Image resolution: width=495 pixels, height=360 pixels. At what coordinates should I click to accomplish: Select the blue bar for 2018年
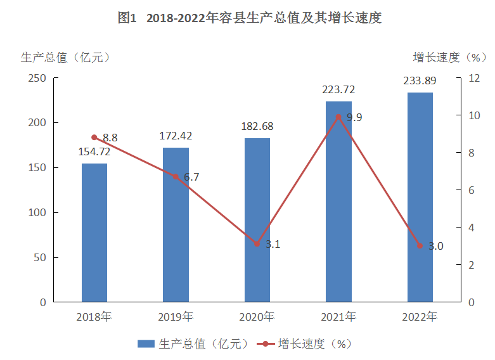94,232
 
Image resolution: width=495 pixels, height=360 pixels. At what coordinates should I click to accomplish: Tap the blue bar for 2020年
257,220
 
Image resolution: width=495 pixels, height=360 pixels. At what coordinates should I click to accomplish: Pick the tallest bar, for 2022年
420,197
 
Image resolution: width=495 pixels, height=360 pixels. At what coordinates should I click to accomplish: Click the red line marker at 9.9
338,117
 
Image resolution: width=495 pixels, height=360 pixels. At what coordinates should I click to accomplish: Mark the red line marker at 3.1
257,244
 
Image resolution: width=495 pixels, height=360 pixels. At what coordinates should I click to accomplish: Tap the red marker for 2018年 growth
94,138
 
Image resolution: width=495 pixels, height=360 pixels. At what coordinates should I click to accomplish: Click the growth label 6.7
191,177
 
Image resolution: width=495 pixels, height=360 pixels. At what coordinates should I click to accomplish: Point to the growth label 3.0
435,247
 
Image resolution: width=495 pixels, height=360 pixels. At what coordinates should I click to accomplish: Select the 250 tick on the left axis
37,78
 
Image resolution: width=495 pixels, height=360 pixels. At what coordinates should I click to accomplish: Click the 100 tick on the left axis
37,213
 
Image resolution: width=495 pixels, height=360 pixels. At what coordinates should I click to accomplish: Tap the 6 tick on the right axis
472,190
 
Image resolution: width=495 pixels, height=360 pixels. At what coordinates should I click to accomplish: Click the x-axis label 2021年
338,316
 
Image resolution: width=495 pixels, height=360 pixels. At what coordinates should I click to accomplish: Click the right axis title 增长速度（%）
449,58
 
